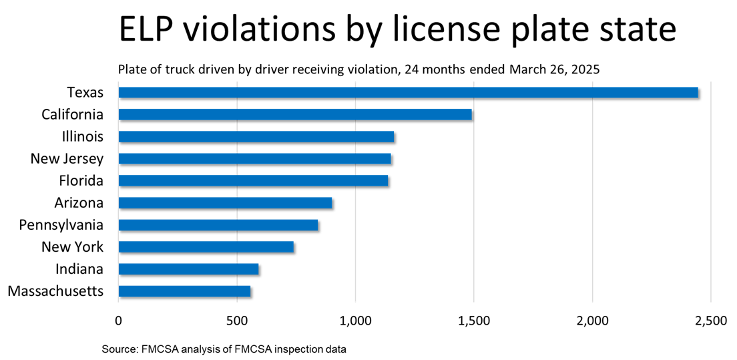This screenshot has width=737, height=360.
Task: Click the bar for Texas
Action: [408, 92]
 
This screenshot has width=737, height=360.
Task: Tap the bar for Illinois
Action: [256, 136]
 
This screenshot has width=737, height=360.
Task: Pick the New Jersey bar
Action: [254, 158]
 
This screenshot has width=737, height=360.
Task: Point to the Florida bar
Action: [253, 180]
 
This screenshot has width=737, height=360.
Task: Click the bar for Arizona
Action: [225, 202]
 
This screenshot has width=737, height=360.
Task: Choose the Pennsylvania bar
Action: [218, 225]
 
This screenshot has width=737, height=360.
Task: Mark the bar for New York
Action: [206, 246]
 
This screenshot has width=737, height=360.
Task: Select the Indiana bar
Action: [188, 268]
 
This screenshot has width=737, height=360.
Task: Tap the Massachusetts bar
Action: [184, 291]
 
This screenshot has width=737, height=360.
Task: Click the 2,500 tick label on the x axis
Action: [710, 321]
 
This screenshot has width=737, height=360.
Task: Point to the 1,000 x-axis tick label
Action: [355, 321]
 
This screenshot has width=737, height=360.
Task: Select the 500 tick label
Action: [237, 321]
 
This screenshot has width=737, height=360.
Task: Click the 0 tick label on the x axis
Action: [119, 321]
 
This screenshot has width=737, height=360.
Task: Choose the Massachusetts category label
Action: [55, 291]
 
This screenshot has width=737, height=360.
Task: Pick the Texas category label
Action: [85, 92]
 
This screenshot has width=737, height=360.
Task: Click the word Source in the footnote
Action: [117, 349]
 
